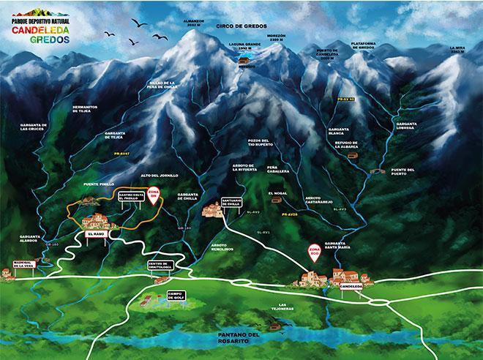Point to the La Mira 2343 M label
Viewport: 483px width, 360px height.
point(457,50)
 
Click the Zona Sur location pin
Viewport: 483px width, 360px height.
point(154,195)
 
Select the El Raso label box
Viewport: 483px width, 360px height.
point(96,233)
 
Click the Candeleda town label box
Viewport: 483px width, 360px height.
point(352,286)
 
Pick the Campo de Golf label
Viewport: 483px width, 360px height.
point(176,295)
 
